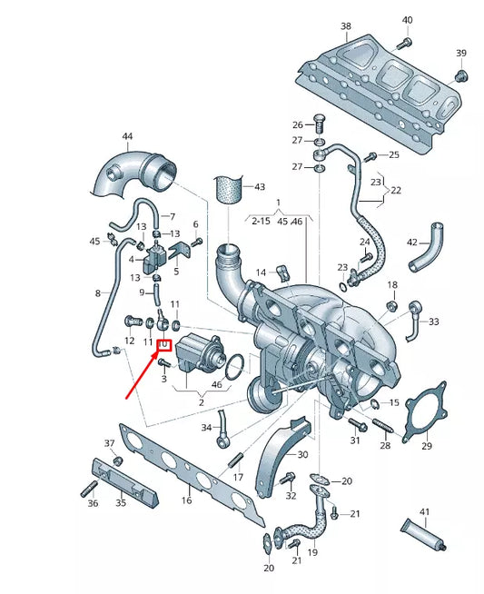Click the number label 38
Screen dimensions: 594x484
click(346, 25)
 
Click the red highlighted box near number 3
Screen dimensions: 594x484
click(165, 346)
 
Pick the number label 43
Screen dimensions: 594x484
click(260, 187)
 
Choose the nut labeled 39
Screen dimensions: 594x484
click(460, 74)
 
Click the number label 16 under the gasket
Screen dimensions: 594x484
click(187, 500)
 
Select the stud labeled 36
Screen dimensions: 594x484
click(90, 491)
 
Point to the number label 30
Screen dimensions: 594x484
click(302, 454)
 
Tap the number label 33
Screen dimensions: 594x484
click(433, 322)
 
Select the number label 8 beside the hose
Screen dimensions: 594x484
click(98, 293)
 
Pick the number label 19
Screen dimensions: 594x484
click(311, 552)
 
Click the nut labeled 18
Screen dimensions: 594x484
click(392, 303)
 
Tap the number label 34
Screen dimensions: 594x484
click(206, 427)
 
